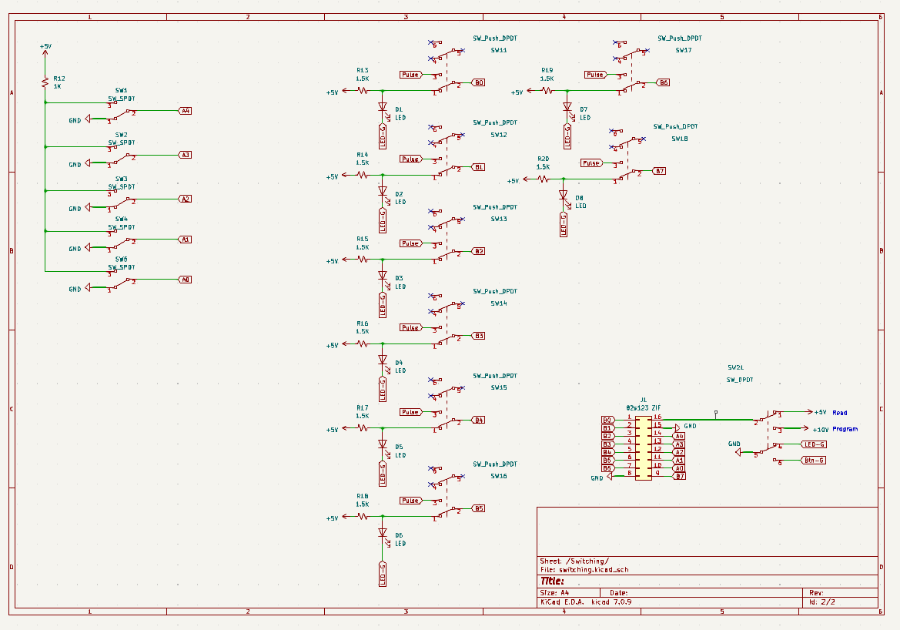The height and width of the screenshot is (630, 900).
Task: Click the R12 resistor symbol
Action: point(45,82)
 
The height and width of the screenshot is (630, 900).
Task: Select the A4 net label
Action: point(185,111)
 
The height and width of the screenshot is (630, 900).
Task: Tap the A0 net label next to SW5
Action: point(185,280)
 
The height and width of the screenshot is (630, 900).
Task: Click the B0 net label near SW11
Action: point(478,82)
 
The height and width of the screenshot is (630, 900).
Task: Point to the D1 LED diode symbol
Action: point(382,108)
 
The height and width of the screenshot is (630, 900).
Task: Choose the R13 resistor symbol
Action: point(363,90)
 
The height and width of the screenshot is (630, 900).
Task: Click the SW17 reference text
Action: point(683,50)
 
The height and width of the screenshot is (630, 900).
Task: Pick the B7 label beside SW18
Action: point(660,171)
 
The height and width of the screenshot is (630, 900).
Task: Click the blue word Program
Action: point(845,429)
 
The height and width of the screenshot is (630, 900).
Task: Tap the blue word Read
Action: point(839,413)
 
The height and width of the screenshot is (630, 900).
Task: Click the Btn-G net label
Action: point(813,461)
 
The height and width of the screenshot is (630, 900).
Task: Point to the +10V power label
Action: point(820,430)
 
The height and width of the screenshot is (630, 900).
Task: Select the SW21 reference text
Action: point(735,368)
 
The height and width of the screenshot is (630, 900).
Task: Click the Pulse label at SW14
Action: point(410,327)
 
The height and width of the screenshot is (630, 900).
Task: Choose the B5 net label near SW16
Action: point(478,508)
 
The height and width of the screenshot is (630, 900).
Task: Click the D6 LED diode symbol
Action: point(382,532)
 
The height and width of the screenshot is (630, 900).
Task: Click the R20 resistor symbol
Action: point(543,179)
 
